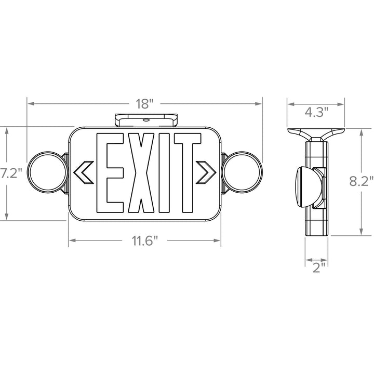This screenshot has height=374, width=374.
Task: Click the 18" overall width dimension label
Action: (144, 104)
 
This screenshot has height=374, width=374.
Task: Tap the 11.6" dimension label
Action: (145, 241)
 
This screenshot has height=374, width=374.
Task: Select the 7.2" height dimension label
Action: (11, 173)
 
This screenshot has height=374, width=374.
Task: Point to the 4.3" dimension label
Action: (317, 112)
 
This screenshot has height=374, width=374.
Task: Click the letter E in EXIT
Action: (110, 172)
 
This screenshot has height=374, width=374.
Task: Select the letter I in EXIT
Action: (164, 172)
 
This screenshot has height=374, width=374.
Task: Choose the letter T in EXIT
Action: (188, 172)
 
